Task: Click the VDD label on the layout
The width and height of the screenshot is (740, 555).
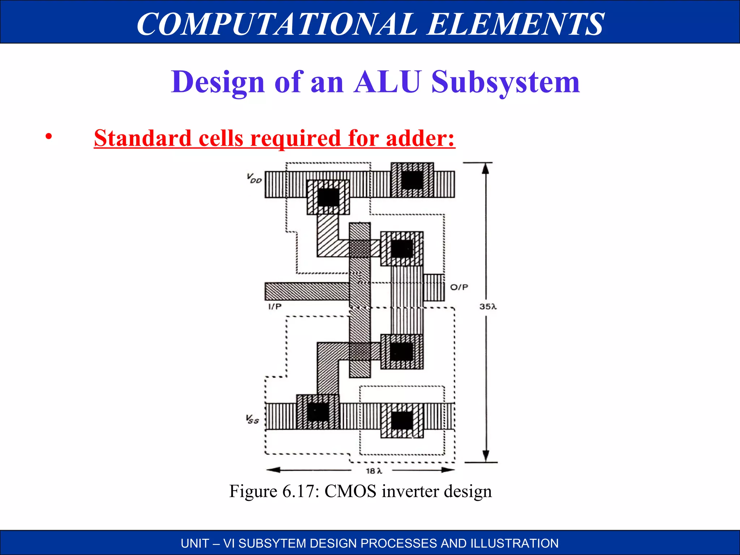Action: click(254, 178)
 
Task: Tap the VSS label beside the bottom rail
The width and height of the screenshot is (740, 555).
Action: click(253, 420)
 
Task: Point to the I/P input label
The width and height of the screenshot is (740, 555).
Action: click(275, 307)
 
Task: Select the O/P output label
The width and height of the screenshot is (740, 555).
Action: click(459, 287)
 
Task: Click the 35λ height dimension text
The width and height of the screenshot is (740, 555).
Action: click(488, 307)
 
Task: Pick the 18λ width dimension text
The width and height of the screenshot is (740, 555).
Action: click(374, 471)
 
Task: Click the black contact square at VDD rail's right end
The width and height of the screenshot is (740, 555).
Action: click(412, 180)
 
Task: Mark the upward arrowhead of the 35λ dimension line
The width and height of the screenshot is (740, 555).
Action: click(486, 168)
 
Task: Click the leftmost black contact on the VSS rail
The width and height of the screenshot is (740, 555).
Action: click(318, 412)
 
